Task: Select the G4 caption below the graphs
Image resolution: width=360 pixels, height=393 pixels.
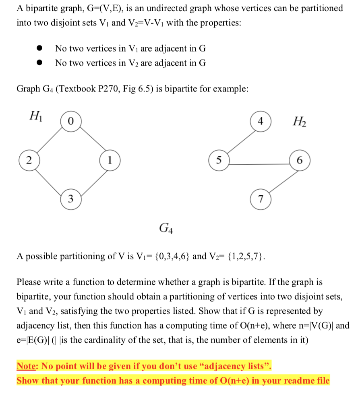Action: tap(166, 230)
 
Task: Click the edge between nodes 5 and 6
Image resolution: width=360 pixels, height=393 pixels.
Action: tap(258, 164)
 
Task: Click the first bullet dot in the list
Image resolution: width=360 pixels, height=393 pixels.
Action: tap(39, 49)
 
